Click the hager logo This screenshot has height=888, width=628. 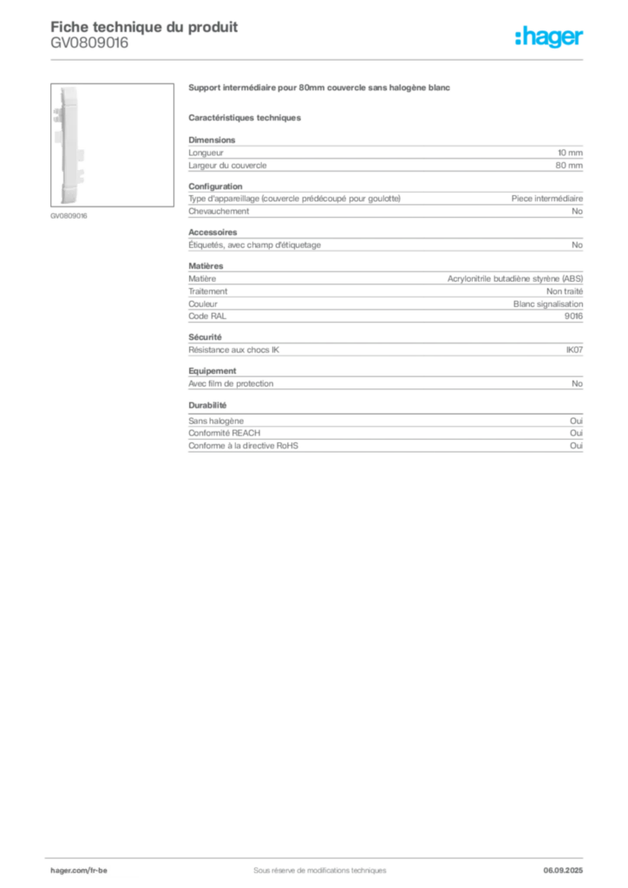pyautogui.click(x=549, y=36)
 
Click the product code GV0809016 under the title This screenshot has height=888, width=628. pyautogui.click(x=89, y=43)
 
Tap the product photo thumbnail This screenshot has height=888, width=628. pyautogui.click(x=112, y=145)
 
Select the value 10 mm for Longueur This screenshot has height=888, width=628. pyautogui.click(x=570, y=153)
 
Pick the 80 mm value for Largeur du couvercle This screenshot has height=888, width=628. pyautogui.click(x=569, y=166)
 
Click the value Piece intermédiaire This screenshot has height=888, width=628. pyautogui.click(x=547, y=199)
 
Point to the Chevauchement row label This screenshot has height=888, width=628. pyautogui.click(x=219, y=212)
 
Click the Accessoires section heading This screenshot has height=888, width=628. pyautogui.click(x=213, y=232)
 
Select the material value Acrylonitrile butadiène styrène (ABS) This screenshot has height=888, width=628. pyautogui.click(x=515, y=278)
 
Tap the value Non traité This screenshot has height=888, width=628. pyautogui.click(x=565, y=291)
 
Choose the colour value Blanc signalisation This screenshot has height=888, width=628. pyautogui.click(x=548, y=304)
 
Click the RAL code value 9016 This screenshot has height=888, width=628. pyautogui.click(x=573, y=316)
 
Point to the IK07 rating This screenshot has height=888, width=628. pyautogui.click(x=574, y=350)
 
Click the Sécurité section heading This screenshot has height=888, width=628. pyautogui.click(x=205, y=337)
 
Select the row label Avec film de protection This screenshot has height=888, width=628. pyautogui.click(x=231, y=383)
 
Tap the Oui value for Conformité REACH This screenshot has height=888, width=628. pyautogui.click(x=577, y=434)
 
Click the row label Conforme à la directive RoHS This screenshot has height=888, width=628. pyautogui.click(x=244, y=446)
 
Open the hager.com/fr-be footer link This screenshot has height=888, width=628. pyautogui.click(x=79, y=871)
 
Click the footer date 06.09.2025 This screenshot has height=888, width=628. pyautogui.click(x=563, y=871)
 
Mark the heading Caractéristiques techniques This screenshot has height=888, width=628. pyautogui.click(x=245, y=118)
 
